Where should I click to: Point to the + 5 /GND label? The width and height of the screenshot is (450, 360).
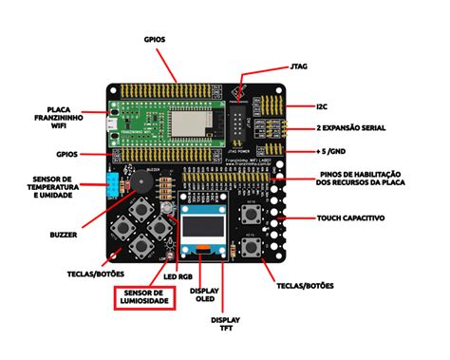[337, 151]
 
